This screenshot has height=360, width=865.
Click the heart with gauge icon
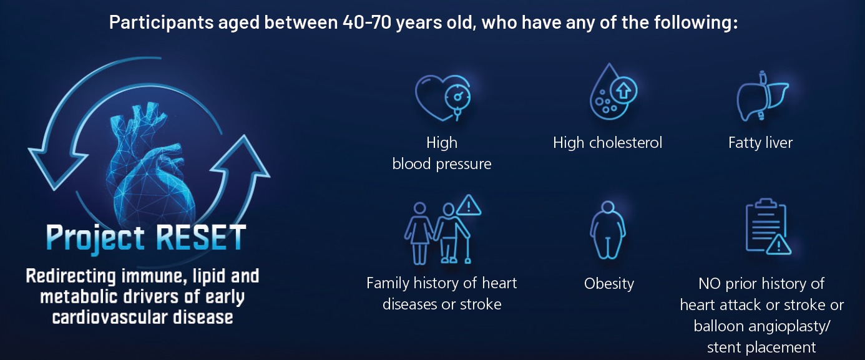(x=442, y=98)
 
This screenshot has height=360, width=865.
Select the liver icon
(x=762, y=96)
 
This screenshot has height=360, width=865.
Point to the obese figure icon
(x=608, y=230)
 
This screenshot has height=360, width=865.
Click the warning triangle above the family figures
(x=469, y=205)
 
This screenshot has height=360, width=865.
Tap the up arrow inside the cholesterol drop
(x=623, y=91)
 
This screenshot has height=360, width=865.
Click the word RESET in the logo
(x=201, y=237)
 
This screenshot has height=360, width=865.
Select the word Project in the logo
(x=95, y=238)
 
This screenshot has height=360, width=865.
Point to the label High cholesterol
(x=607, y=143)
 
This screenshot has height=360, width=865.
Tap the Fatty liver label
(x=760, y=143)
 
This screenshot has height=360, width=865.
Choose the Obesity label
(x=609, y=284)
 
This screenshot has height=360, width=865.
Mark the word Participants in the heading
(x=162, y=22)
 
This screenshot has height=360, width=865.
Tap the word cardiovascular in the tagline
(x=110, y=317)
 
